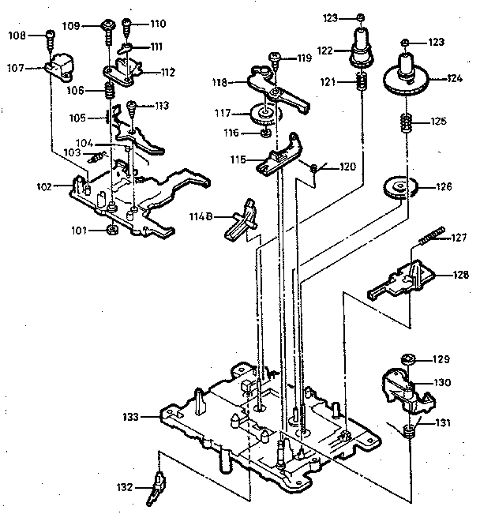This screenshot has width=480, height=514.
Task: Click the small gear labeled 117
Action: [266, 116]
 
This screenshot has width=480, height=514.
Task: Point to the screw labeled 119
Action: [274, 57]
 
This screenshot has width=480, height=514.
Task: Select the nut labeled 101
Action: [112, 230]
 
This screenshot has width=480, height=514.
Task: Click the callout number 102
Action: [43, 187]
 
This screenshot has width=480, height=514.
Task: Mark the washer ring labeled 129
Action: [407, 360]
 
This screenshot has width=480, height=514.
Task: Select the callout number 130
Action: [442, 381]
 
